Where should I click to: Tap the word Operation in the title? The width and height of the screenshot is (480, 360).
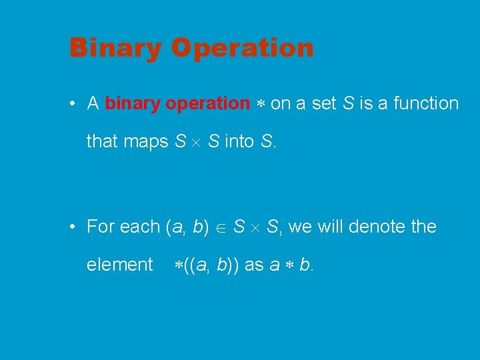pyautogui.click(x=242, y=49)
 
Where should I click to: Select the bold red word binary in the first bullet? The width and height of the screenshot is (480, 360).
pyautogui.click(x=133, y=104)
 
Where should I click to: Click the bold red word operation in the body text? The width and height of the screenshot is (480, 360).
pyautogui.click(x=207, y=104)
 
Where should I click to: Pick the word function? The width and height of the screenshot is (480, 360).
pyautogui.click(x=426, y=104)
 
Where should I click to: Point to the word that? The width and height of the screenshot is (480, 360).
pyautogui.click(x=101, y=141)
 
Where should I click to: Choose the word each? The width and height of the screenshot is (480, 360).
pyautogui.click(x=140, y=227)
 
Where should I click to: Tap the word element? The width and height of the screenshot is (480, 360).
pyautogui.click(x=119, y=265)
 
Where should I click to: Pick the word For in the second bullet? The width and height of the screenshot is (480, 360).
pyautogui.click(x=101, y=227)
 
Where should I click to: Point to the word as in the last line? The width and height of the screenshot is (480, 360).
pyautogui.click(x=254, y=265)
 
